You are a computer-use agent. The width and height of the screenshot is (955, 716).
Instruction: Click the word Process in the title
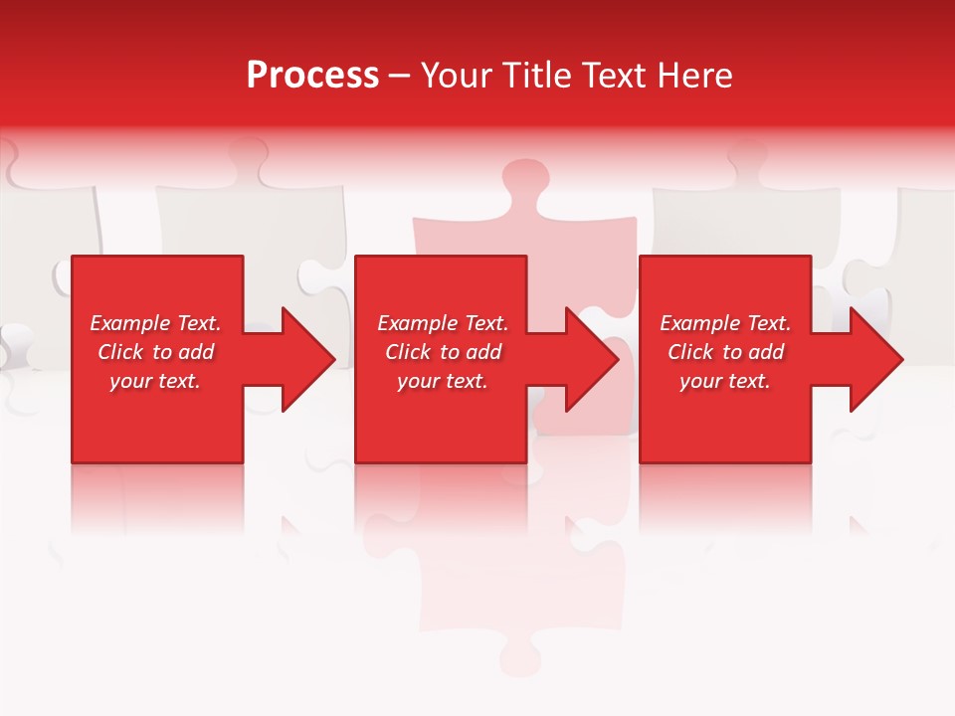point(312,76)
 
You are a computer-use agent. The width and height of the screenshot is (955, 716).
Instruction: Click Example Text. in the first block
point(155,323)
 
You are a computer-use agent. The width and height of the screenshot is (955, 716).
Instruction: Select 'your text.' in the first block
point(155,381)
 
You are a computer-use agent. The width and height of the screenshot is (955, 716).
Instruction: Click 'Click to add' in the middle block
point(443,352)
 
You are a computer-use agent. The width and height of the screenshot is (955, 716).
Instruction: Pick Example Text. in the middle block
point(443,323)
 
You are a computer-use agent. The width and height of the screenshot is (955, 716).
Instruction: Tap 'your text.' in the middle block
point(443,381)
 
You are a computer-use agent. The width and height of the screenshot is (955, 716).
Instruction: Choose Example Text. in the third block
point(725,323)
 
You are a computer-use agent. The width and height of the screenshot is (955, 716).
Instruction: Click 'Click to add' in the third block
point(725,352)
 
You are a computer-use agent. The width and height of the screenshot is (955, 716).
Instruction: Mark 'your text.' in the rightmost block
point(725,381)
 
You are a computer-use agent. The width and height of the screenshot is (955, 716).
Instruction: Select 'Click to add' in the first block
point(155,352)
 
